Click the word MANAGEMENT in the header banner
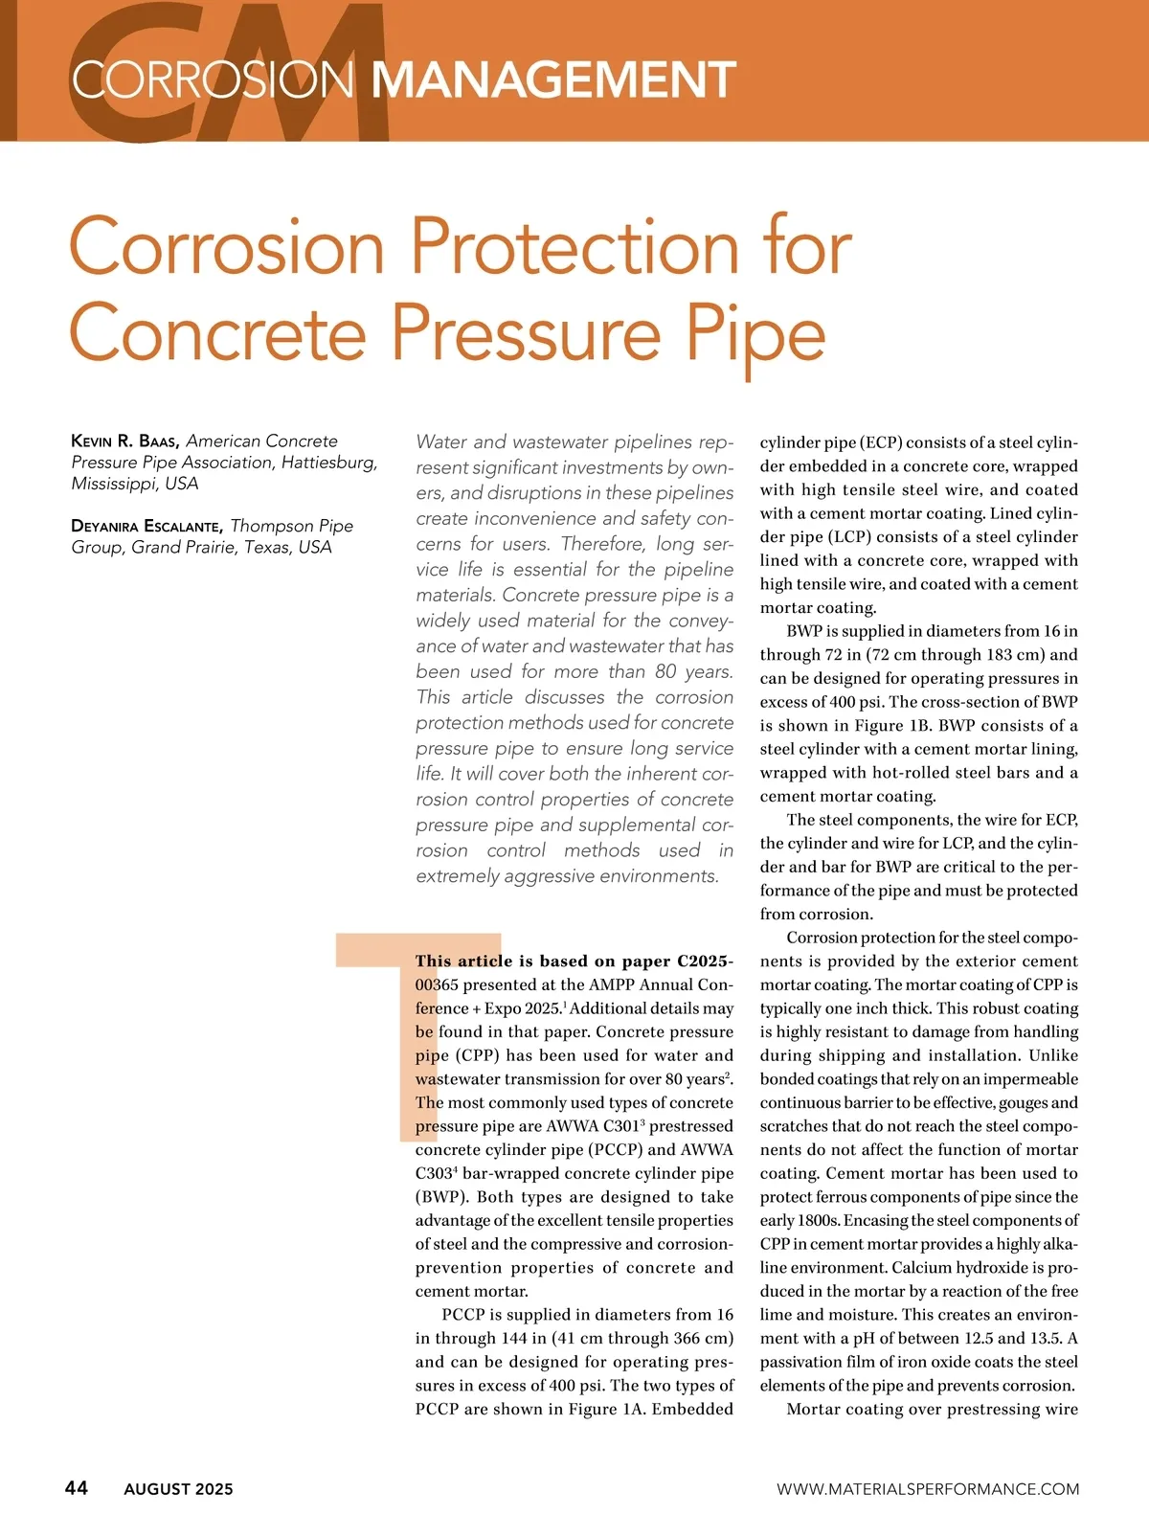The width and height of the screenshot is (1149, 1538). (553, 79)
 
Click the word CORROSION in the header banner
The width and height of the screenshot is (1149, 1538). (214, 79)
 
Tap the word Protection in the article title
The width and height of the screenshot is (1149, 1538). (575, 247)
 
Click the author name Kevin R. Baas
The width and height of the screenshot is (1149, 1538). (125, 441)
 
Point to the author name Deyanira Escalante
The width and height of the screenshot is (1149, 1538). (147, 526)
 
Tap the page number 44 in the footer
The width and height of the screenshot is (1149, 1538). (77, 1487)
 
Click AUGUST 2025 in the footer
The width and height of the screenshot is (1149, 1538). (178, 1489)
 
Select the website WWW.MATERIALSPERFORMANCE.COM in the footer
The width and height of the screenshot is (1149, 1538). (928, 1489)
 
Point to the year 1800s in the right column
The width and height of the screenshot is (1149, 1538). (797, 1221)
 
